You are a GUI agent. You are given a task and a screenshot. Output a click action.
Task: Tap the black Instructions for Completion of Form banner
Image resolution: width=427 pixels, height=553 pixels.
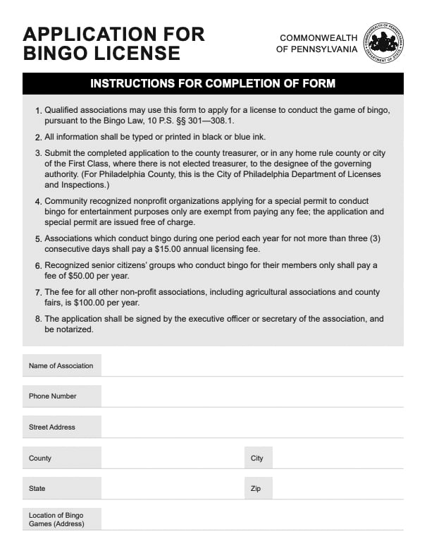(x=213, y=84)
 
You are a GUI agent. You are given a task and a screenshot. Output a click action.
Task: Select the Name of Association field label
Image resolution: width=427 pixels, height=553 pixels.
(x=61, y=365)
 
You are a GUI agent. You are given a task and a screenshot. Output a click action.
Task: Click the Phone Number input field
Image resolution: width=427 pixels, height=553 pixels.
(x=252, y=396)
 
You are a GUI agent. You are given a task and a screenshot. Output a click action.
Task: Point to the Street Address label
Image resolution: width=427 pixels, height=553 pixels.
(x=52, y=427)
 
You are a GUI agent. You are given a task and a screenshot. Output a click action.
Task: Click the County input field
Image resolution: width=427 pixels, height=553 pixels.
(x=172, y=458)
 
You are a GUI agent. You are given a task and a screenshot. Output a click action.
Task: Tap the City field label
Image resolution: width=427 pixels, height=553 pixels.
(x=256, y=458)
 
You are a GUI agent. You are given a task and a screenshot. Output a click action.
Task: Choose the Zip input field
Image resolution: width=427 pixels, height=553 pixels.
(x=338, y=488)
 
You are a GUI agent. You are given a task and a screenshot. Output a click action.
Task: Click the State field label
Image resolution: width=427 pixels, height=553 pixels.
(x=37, y=488)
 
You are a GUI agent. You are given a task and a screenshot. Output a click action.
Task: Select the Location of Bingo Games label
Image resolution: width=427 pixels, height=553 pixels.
(x=56, y=519)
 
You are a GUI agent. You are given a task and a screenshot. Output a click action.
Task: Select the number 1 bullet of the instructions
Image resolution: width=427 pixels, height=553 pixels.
(x=38, y=111)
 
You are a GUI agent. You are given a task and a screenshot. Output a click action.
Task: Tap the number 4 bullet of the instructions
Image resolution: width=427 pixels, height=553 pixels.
(x=38, y=201)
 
